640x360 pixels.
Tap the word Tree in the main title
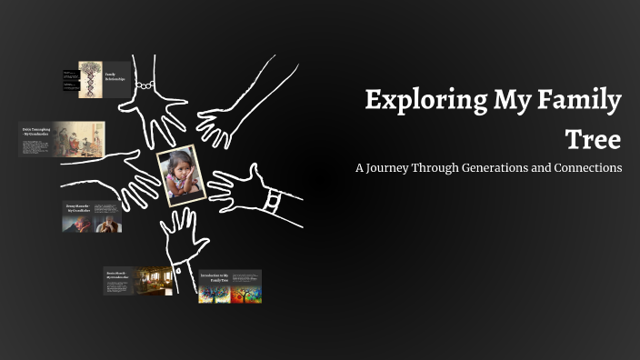[593, 139]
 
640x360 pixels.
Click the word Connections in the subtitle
[588, 168]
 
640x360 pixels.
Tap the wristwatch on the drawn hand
[272, 200]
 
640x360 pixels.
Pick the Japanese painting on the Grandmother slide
[78, 138]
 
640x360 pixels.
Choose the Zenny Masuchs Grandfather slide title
[76, 209]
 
